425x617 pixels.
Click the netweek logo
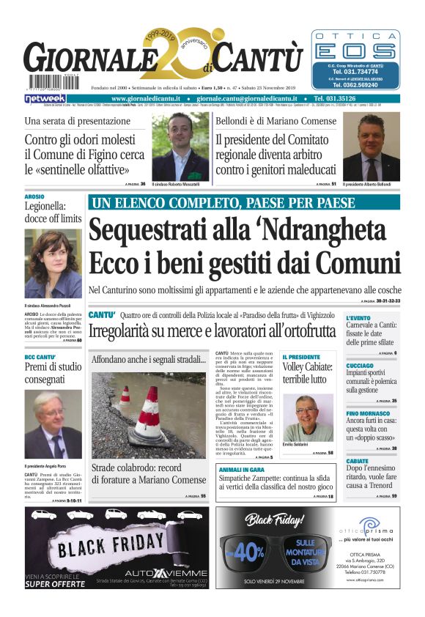coord(45,98)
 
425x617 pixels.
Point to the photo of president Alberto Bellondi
coord(372,147)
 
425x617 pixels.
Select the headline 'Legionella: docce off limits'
coord(53,213)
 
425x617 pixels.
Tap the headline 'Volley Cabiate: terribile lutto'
coord(308,373)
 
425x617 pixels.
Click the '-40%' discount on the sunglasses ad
coord(249,550)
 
